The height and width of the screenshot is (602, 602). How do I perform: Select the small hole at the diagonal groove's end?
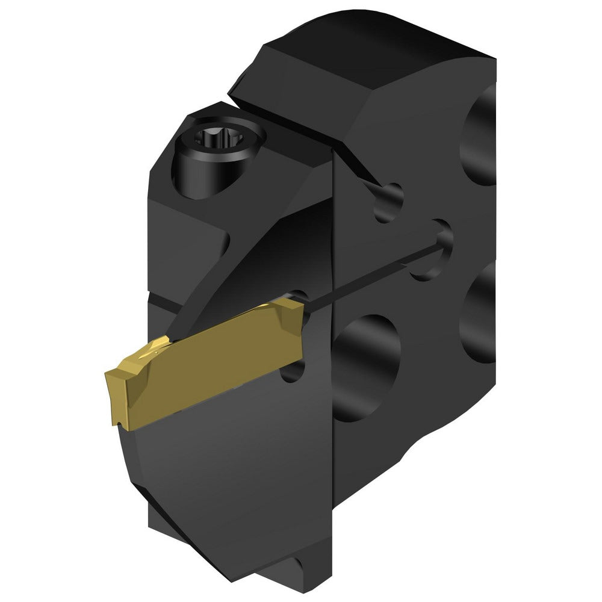[x=388, y=199]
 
